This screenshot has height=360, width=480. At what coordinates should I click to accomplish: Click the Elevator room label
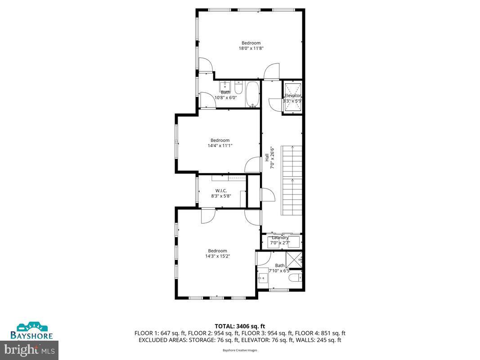point(292,95)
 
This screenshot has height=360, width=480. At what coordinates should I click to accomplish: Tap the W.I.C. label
point(220,190)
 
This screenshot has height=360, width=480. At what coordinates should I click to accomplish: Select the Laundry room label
point(280,238)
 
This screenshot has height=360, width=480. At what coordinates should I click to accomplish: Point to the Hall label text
point(267,157)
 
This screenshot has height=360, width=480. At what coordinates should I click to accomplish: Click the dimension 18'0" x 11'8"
point(251,48)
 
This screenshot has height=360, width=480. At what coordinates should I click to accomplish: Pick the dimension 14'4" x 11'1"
point(220,145)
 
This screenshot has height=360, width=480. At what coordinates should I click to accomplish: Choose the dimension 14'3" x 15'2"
point(218,256)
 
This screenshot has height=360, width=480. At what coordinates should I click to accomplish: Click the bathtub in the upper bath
point(252,94)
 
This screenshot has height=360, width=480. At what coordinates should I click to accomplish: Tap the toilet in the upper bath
point(238,87)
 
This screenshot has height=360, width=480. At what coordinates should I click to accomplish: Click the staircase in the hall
point(292,180)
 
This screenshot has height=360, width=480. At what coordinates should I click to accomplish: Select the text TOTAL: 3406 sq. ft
point(240,326)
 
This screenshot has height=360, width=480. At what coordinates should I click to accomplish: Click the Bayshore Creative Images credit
point(240,350)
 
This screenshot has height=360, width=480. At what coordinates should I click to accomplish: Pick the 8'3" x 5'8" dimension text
point(220,196)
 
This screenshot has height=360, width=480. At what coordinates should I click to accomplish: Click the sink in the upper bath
point(224,86)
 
